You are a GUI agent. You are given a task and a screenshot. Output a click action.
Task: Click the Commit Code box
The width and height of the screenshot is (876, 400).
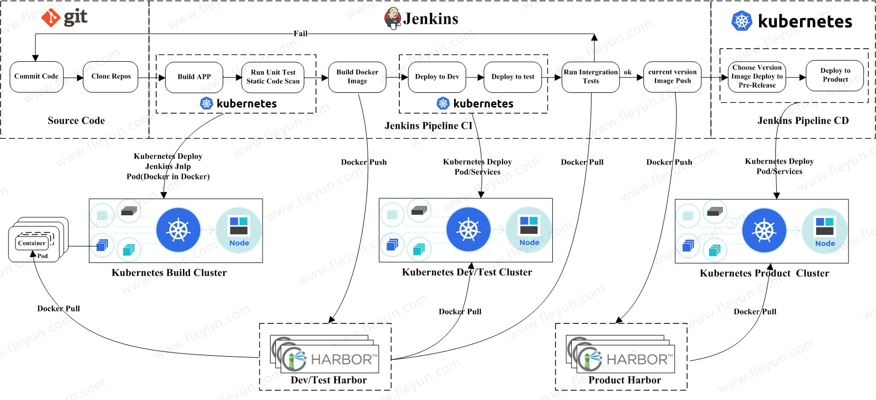coord(36,77)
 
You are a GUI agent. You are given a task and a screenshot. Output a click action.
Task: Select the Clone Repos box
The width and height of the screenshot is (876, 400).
coord(111,77)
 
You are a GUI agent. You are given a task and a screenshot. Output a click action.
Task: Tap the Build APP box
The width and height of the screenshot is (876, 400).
coord(194,77)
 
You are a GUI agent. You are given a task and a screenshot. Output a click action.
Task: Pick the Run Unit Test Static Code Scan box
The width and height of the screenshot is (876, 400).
coord(273,77)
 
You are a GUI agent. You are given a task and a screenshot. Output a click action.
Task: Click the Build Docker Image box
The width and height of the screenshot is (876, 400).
coord(357,77)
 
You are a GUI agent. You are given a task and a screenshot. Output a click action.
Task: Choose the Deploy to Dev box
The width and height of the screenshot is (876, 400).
coord(437,77)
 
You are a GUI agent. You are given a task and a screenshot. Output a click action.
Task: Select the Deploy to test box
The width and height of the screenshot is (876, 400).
coord(513,77)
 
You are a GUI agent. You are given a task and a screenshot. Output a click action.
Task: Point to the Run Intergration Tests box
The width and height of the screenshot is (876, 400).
coord(591,77)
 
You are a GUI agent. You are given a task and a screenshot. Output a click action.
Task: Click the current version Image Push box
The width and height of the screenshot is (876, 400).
coord(672,77)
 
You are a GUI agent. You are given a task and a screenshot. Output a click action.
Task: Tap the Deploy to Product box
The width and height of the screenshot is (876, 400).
coord(835,75)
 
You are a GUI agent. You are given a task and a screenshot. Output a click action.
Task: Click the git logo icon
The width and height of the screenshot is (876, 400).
coord(51,18)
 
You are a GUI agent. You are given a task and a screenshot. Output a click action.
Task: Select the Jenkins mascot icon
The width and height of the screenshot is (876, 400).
coord(392,18)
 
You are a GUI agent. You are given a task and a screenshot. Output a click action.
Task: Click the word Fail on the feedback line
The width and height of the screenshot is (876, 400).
coord(301,34)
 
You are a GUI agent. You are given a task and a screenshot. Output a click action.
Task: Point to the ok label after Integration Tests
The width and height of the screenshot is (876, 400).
coord(628,72)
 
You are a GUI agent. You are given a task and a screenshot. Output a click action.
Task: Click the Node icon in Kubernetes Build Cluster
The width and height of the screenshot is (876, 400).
coord(239,231)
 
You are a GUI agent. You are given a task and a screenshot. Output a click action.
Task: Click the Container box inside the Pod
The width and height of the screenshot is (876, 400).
coord(32,243)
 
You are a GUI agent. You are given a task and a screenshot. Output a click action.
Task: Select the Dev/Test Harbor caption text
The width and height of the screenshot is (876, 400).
coord(329,380)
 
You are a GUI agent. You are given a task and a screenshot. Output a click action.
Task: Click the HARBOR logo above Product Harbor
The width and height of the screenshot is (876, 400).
coord(625,359)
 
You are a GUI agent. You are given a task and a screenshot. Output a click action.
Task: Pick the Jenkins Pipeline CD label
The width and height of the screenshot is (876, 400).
coord(803,121)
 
